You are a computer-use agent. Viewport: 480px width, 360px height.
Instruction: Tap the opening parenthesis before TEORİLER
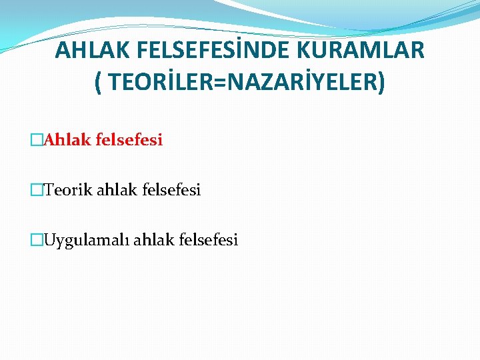point(98,83)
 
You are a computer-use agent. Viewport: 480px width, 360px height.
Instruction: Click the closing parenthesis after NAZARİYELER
point(381,83)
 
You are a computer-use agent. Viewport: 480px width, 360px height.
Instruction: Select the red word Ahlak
point(67,140)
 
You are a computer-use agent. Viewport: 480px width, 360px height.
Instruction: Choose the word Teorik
point(69,190)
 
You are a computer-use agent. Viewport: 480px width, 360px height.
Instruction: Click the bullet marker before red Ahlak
point(37,141)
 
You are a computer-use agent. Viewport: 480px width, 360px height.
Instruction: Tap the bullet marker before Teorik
point(37,191)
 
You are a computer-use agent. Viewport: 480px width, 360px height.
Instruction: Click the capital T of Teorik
point(48,190)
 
